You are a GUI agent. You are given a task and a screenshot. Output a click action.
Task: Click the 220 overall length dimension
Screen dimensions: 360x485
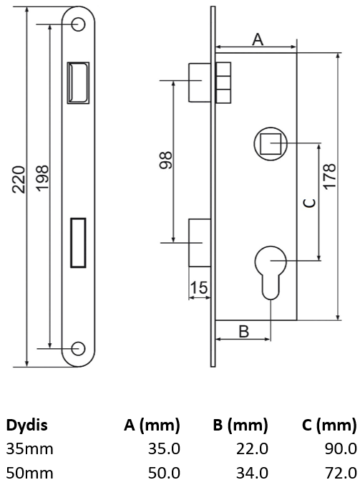(19, 180)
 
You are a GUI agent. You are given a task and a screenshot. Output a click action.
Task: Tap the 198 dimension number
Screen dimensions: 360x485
(42, 178)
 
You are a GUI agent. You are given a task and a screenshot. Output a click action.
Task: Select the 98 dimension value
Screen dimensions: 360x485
(165, 160)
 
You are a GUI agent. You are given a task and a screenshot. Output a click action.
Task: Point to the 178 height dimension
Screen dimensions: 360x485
(329, 176)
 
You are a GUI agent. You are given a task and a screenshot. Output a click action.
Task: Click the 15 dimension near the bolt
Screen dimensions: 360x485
(199, 287)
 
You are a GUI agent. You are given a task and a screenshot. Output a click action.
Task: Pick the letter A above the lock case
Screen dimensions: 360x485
(258, 39)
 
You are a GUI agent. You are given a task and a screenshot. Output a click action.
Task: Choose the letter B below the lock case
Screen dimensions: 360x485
(244, 331)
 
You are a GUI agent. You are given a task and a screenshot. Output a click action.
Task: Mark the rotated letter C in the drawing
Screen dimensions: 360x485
(309, 203)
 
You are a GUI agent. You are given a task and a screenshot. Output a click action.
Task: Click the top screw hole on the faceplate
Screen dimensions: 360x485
(78, 24)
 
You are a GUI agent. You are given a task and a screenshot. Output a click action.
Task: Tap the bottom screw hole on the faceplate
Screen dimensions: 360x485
(78, 348)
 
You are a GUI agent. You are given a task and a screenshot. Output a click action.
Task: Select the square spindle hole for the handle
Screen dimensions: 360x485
(271, 144)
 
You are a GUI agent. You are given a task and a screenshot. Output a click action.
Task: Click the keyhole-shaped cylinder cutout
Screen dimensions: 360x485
(271, 272)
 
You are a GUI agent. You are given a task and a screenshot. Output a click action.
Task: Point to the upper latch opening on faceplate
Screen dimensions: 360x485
(78, 82)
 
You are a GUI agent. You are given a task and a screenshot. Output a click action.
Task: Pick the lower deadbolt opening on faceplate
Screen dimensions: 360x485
(78, 242)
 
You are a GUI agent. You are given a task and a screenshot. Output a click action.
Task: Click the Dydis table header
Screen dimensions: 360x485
(27, 425)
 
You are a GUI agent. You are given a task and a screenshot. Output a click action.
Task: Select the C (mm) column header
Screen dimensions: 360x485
(329, 425)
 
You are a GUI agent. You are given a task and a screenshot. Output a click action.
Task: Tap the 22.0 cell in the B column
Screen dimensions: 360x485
(252, 448)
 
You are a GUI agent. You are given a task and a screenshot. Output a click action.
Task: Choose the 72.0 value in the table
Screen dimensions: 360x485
(341, 473)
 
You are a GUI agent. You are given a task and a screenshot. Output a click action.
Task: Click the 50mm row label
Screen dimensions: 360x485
(29, 473)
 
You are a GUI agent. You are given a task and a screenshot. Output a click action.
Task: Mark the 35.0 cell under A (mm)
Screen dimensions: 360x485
(164, 448)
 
